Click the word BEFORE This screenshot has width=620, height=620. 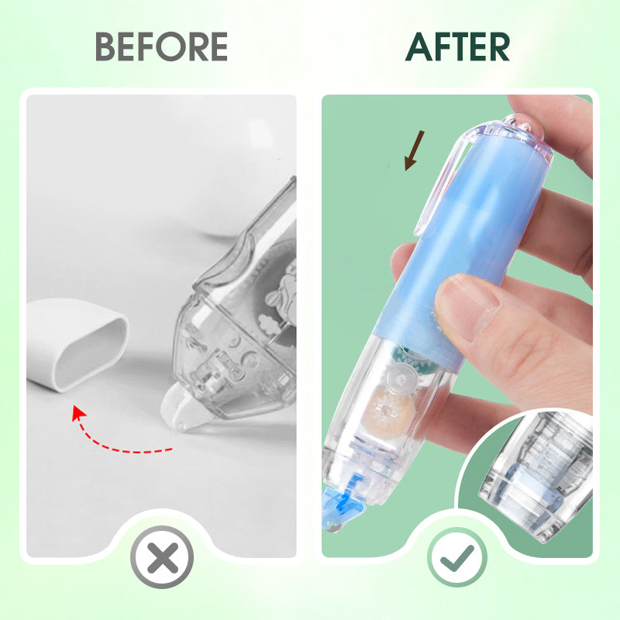(x=161, y=46)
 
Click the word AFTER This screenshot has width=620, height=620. (x=457, y=46)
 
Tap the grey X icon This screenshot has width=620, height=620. (x=162, y=557)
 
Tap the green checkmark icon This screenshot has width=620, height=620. (x=457, y=557)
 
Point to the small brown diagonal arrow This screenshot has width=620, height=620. (x=414, y=150)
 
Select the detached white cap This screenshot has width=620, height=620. (x=75, y=344)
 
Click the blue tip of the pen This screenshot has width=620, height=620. (x=340, y=508)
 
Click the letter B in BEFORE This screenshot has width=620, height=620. (x=105, y=46)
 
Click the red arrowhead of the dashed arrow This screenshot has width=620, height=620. (x=79, y=413)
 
